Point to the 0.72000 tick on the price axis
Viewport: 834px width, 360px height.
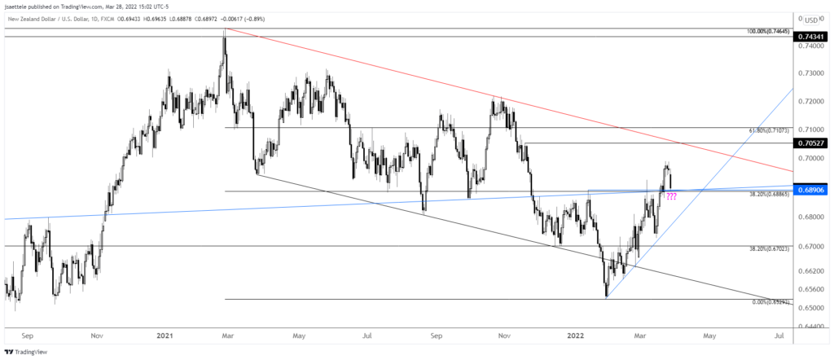click(x=812, y=101)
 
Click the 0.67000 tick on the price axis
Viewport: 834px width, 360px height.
click(x=812, y=246)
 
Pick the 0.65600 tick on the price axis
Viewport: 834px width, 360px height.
click(x=812, y=289)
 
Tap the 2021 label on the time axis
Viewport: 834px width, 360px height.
click(x=165, y=334)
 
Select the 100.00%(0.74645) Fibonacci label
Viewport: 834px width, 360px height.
click(x=768, y=31)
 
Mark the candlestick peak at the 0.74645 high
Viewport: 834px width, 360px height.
click(x=224, y=29)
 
